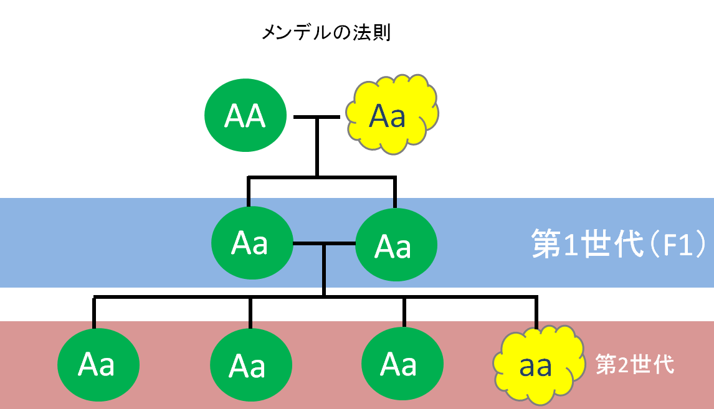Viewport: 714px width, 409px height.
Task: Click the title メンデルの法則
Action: pyautogui.click(x=326, y=32)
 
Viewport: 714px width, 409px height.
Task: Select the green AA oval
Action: pyautogui.click(x=245, y=116)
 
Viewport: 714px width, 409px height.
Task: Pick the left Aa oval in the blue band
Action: pyautogui.click(x=252, y=243)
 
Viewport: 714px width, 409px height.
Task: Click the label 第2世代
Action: pyautogui.click(x=634, y=364)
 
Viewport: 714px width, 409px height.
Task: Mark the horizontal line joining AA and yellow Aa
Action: pyautogui.click(x=317, y=117)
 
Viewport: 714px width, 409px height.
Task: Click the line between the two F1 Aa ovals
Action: pyautogui.click(x=323, y=243)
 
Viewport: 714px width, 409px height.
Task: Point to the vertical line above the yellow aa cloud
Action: pyautogui.click(x=536, y=311)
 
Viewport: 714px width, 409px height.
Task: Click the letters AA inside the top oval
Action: pyautogui.click(x=245, y=116)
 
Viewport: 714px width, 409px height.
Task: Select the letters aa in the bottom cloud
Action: pyautogui.click(x=536, y=367)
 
